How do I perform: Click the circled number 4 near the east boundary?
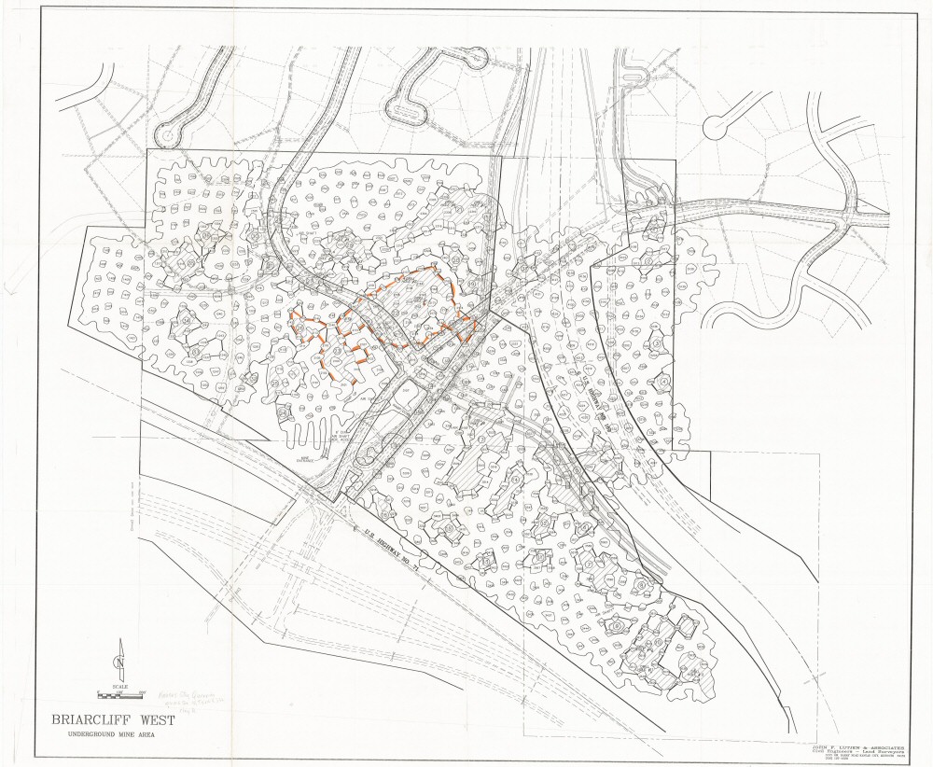tap(663, 382)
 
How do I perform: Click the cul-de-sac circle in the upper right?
tap(719, 124)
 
